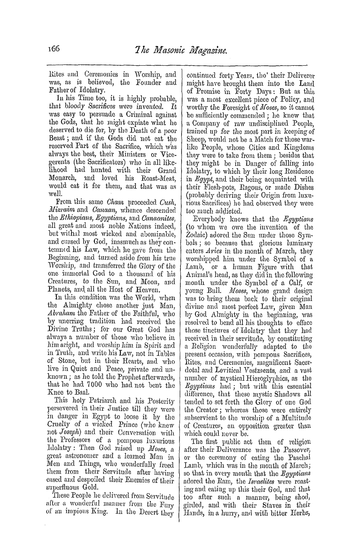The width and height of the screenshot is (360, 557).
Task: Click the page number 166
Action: pyautogui.click(x=54, y=48)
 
